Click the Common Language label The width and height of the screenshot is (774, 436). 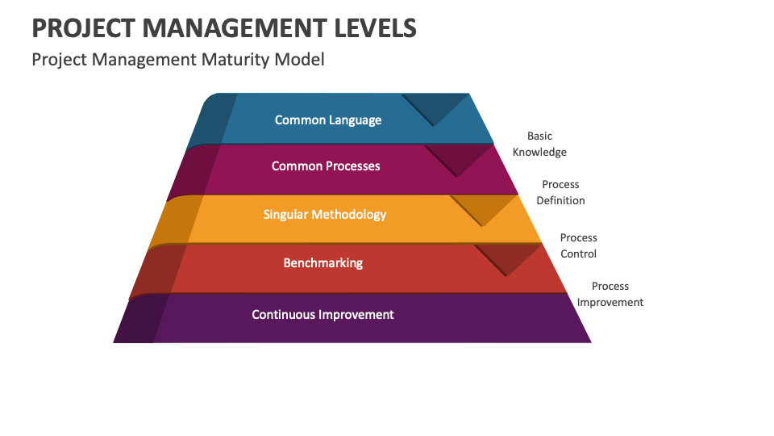tap(328, 120)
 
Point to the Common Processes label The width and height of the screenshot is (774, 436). tap(326, 166)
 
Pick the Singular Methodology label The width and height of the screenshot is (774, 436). tap(325, 215)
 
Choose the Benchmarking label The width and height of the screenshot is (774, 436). tap(323, 263)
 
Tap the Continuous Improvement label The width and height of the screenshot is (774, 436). tap(322, 315)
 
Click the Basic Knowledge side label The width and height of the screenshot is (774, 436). tap(539, 145)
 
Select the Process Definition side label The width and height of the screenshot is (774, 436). tap(560, 193)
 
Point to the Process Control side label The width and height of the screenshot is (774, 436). tap(578, 246)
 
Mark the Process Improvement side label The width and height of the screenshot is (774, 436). tap(610, 295)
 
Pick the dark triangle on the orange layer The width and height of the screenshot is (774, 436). tap(482, 208)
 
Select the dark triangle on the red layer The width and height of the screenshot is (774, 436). tap(507, 258)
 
